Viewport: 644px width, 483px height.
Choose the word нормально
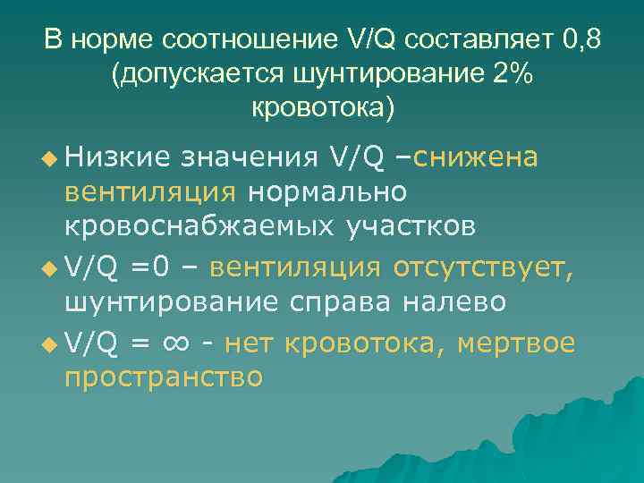pos(327,192)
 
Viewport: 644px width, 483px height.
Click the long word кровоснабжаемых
pos(199,226)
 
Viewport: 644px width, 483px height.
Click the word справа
pos(336,301)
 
